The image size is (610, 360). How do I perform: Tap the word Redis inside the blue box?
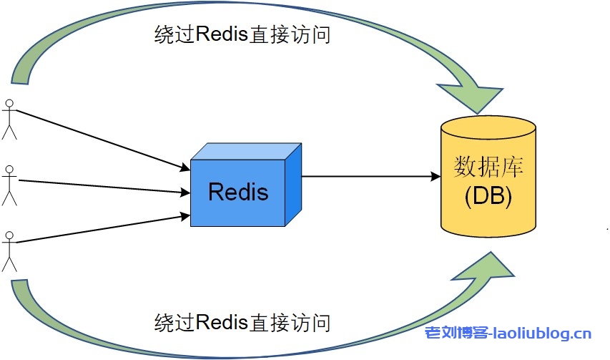[238, 192]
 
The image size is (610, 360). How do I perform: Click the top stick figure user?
[9, 120]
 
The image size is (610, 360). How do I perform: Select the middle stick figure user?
[9, 185]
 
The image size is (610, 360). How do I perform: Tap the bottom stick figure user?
[9, 250]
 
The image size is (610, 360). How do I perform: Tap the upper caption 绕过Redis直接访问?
[242, 35]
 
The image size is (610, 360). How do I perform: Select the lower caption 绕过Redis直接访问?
[242, 322]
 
